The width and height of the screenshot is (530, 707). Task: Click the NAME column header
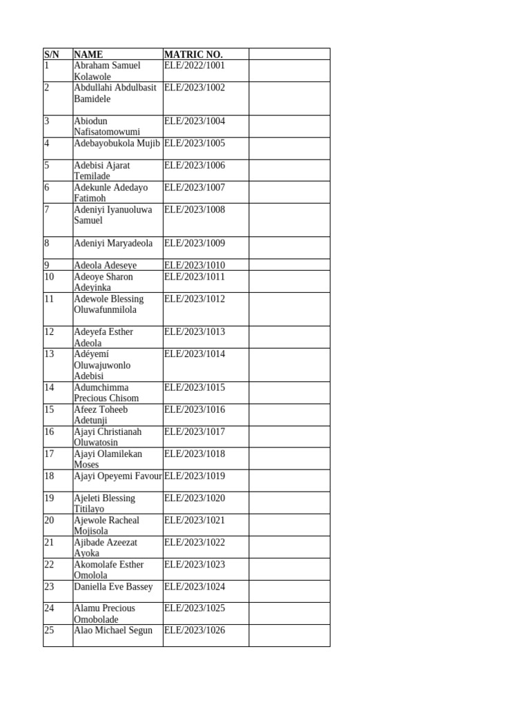click(88, 55)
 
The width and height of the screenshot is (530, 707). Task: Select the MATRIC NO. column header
click(193, 55)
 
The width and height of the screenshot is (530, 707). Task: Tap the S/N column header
click(52, 55)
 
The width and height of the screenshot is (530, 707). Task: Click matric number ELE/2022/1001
click(195, 66)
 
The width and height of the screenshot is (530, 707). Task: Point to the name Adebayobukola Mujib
click(117, 144)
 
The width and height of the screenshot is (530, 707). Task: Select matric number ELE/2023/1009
click(195, 243)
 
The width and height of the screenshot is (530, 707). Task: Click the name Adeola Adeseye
click(106, 265)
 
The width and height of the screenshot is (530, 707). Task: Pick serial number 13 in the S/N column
click(49, 354)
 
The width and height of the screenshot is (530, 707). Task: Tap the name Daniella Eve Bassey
click(113, 587)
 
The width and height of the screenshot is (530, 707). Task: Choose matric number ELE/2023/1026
click(195, 630)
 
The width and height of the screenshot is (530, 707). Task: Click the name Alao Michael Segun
click(113, 630)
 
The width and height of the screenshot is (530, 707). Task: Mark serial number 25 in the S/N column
click(49, 630)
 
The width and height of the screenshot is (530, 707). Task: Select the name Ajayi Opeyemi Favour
click(118, 476)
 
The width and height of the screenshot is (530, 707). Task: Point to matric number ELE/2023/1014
click(195, 354)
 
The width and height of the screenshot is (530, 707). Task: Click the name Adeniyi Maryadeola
click(113, 243)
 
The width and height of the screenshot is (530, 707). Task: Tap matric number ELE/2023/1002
click(195, 88)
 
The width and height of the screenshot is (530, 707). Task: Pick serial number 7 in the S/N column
click(47, 210)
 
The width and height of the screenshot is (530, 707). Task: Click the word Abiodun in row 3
click(91, 122)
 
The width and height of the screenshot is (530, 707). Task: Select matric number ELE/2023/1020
click(195, 498)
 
